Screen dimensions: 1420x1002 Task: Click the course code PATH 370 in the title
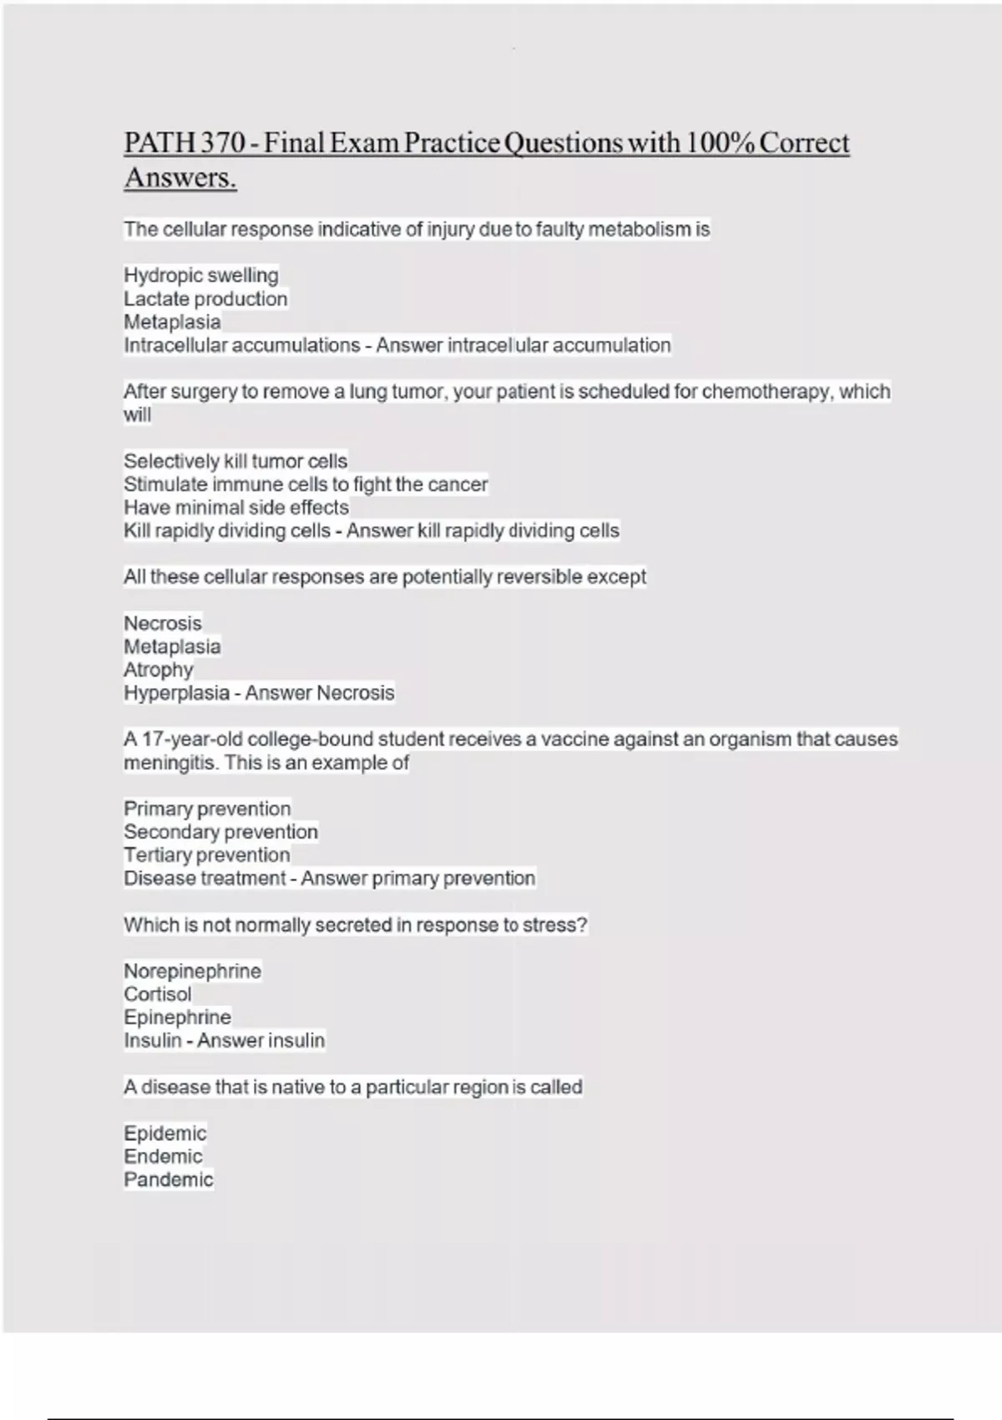[x=185, y=143]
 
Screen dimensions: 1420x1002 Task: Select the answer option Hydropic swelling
[x=201, y=275]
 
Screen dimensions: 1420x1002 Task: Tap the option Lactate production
[x=205, y=298]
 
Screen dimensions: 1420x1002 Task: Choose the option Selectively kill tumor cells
[x=235, y=461]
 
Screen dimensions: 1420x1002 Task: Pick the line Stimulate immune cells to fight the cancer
[x=306, y=484]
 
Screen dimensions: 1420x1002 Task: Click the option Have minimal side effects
[x=236, y=507]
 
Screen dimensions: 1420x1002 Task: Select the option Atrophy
[x=159, y=670]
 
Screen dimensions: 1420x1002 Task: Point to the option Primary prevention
[x=207, y=809]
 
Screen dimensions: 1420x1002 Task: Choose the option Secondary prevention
[x=220, y=832]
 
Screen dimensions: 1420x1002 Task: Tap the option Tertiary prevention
[x=207, y=855]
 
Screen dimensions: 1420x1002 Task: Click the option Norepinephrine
[x=192, y=971]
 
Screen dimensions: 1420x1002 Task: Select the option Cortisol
[x=158, y=994]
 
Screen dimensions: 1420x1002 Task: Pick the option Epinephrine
[x=177, y=1017]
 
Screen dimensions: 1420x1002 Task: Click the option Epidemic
[x=164, y=1133]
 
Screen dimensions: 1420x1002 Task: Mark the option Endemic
[x=163, y=1157]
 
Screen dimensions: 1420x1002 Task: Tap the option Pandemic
[x=169, y=1179]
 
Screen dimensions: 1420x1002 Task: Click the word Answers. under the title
[x=180, y=178]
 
